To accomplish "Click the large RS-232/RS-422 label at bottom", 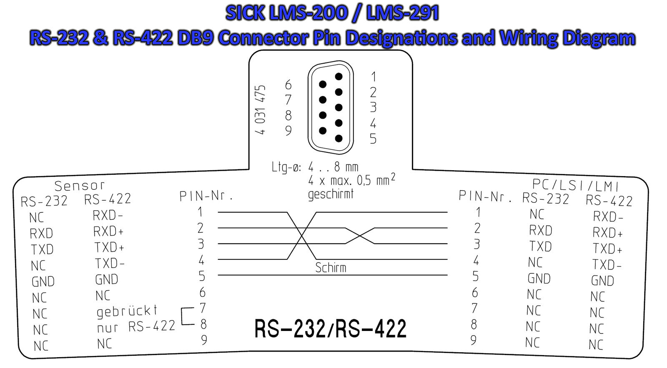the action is [330, 328].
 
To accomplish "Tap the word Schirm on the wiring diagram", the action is [331, 268].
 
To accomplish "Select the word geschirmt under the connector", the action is [331, 194].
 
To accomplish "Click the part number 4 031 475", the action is [260, 110].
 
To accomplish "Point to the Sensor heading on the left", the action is [80, 186].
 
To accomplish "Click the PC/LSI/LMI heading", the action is [576, 185].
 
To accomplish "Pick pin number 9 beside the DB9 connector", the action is [288, 131].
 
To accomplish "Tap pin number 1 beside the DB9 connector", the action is [374, 77].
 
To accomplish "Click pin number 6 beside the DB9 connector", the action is [288, 85].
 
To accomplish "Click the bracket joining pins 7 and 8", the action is [186, 316].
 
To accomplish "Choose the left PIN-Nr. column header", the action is [206, 196].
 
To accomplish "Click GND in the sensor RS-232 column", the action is [43, 282].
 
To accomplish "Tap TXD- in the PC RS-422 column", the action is [607, 265].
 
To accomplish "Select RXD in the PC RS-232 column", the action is [541, 230].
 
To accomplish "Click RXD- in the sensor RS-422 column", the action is [108, 216].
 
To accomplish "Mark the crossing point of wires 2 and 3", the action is [360, 236].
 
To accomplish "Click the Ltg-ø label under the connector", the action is [286, 167].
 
